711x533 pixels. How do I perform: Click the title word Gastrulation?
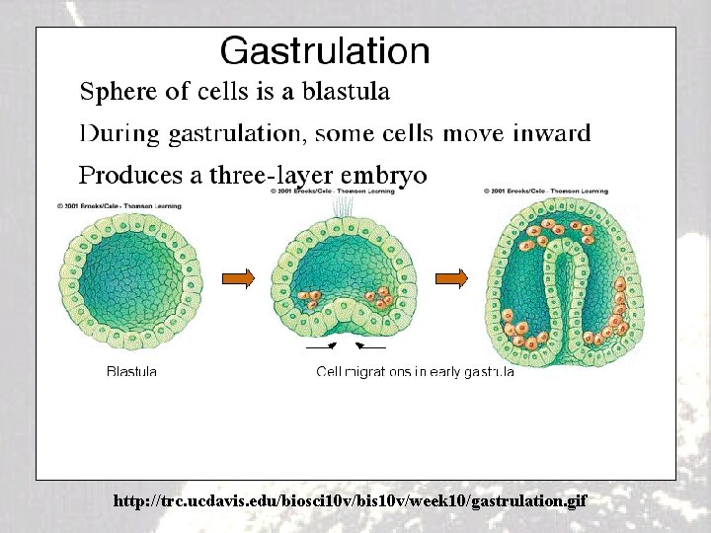[x=325, y=51]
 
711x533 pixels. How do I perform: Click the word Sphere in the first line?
[x=117, y=93]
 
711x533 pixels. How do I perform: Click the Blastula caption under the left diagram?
[x=131, y=372]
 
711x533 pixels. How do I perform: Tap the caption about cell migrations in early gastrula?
[x=415, y=372]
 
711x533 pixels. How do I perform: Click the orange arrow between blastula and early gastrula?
[x=238, y=279]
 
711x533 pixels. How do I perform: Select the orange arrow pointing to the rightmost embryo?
[x=451, y=279]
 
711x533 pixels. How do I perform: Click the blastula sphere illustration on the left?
[x=132, y=280]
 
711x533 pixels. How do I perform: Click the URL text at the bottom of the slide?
[x=350, y=501]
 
